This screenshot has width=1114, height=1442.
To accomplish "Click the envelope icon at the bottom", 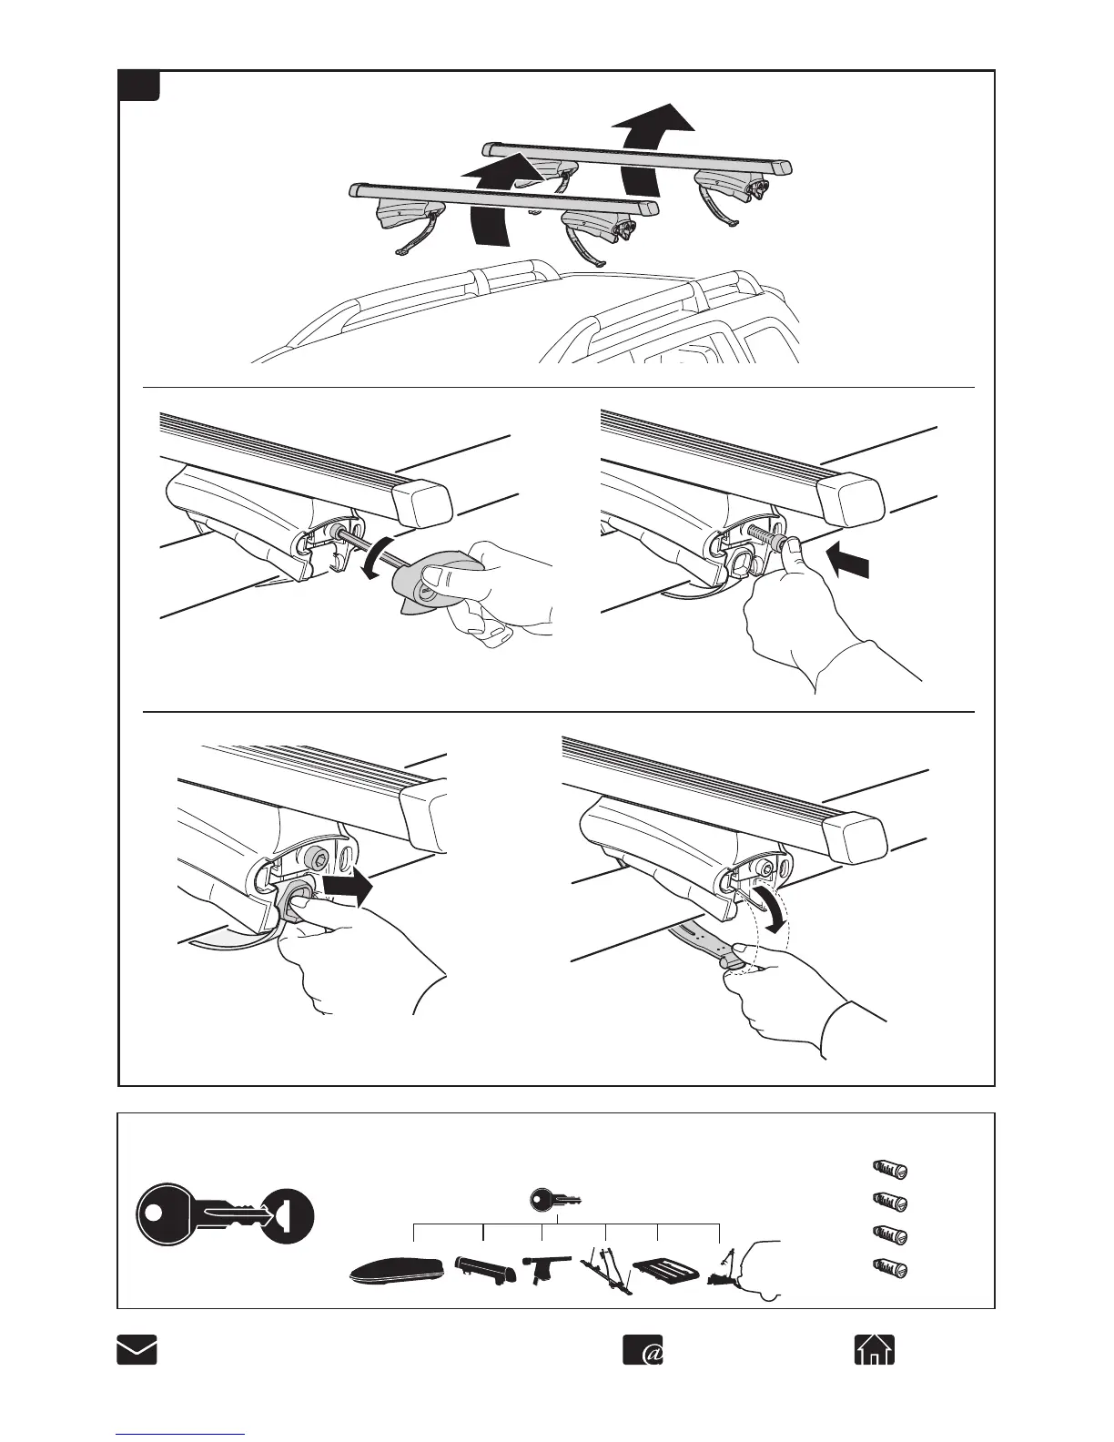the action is [x=137, y=1349].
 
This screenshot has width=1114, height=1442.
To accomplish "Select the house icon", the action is [x=874, y=1349].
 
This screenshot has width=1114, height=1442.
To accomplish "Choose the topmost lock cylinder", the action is [x=889, y=1169].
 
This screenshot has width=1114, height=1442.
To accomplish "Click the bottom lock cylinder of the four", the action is [x=889, y=1266].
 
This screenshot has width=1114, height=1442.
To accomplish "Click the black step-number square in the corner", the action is [x=140, y=86].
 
